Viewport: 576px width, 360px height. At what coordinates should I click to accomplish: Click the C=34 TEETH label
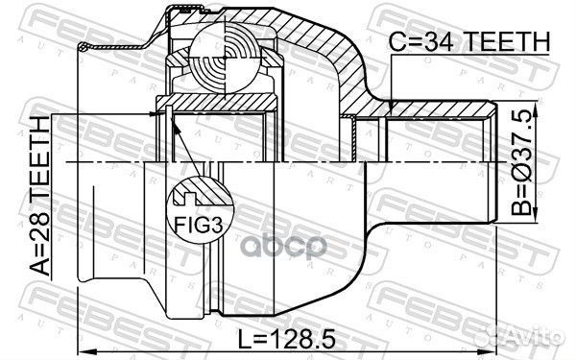(469, 41)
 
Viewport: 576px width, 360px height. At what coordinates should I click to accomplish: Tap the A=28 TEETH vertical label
(39, 196)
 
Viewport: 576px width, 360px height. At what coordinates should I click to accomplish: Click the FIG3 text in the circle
(199, 224)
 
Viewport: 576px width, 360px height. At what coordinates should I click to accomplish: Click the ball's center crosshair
(224, 58)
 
